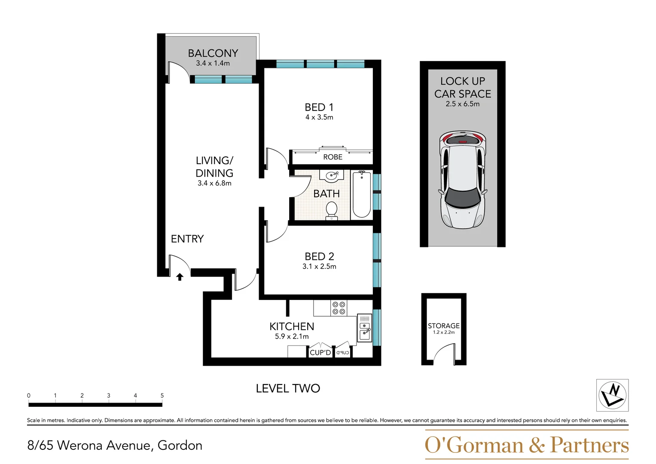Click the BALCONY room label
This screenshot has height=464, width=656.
tap(213, 53)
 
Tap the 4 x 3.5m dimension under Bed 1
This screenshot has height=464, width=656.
tap(319, 117)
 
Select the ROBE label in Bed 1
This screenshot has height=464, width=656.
tap(333, 157)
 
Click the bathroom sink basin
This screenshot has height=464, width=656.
tap(333, 175)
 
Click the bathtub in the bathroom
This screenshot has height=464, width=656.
tap(362, 194)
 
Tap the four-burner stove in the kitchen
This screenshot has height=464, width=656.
tap(339, 308)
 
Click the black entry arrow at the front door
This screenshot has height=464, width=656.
tap(180, 277)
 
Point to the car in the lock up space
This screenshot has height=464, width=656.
tap(463, 180)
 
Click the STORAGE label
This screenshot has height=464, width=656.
tap(444, 326)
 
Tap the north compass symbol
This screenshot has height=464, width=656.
tap(612, 395)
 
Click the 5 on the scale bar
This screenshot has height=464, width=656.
tap(162, 395)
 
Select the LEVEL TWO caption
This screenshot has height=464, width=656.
tap(288, 388)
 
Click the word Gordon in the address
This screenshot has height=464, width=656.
tap(180, 446)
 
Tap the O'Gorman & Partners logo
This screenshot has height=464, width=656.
tap(527, 445)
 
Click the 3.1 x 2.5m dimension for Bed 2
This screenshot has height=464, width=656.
tap(319, 266)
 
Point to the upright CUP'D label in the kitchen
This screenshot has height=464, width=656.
tap(320, 352)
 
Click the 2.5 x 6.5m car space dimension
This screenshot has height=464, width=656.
tap(463, 104)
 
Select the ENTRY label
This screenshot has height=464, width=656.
tap(187, 239)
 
